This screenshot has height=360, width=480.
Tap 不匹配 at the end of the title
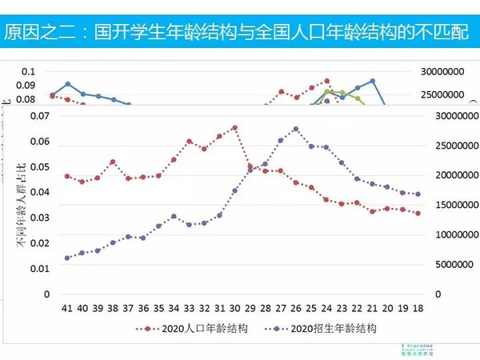point(446,33)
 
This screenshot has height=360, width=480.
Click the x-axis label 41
point(67,308)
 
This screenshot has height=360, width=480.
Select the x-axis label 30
point(234,308)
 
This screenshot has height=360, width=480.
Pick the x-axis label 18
point(418,308)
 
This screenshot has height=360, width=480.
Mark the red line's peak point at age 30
point(234,127)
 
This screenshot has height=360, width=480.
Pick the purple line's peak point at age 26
point(296,129)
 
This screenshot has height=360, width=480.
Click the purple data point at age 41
point(67,258)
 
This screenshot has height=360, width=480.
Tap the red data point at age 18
point(418,213)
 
